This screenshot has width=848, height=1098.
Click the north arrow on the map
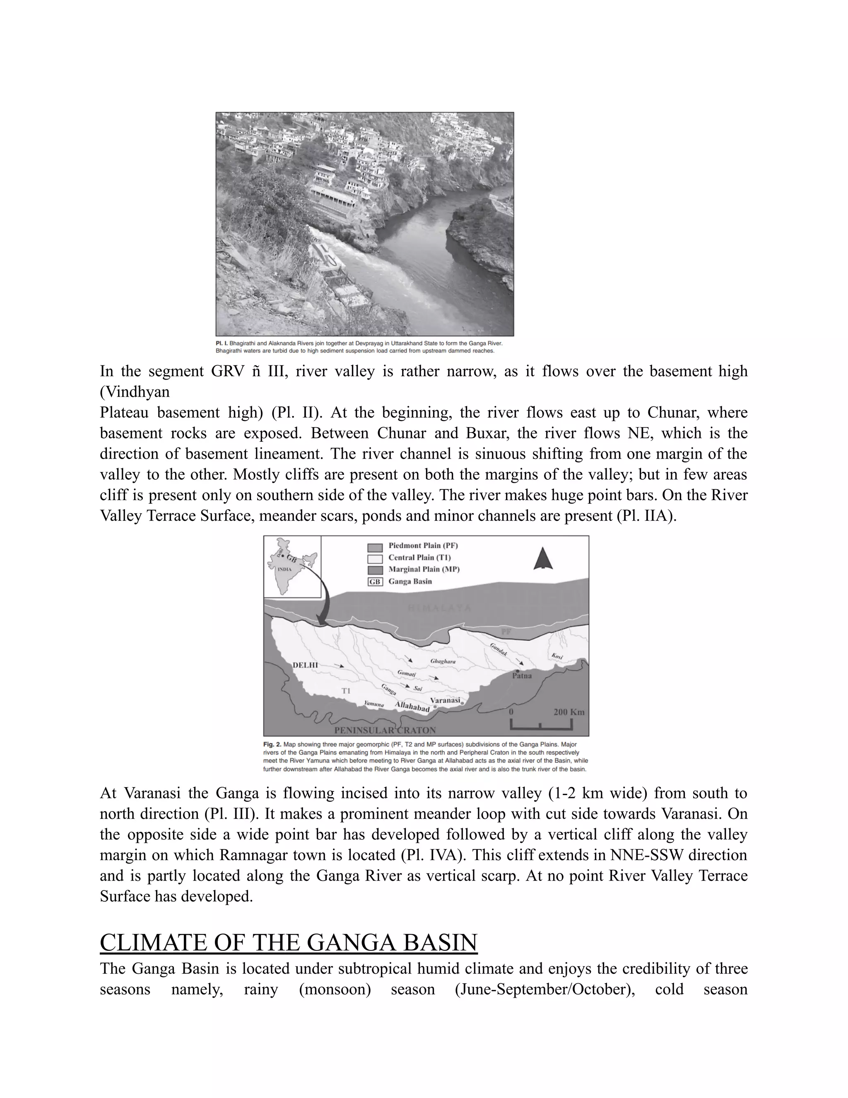point(543,559)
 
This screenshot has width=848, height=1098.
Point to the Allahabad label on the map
point(412,707)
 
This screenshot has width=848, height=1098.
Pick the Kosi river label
point(556,656)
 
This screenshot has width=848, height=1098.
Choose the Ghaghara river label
point(443,661)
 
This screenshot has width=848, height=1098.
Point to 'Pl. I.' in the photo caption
point(222,343)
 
